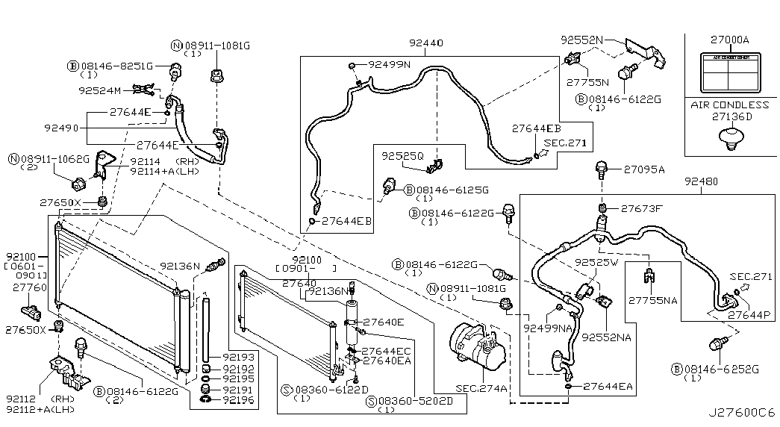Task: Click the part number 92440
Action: [x=426, y=43]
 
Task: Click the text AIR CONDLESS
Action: [x=729, y=105]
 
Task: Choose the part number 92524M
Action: [x=99, y=90]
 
